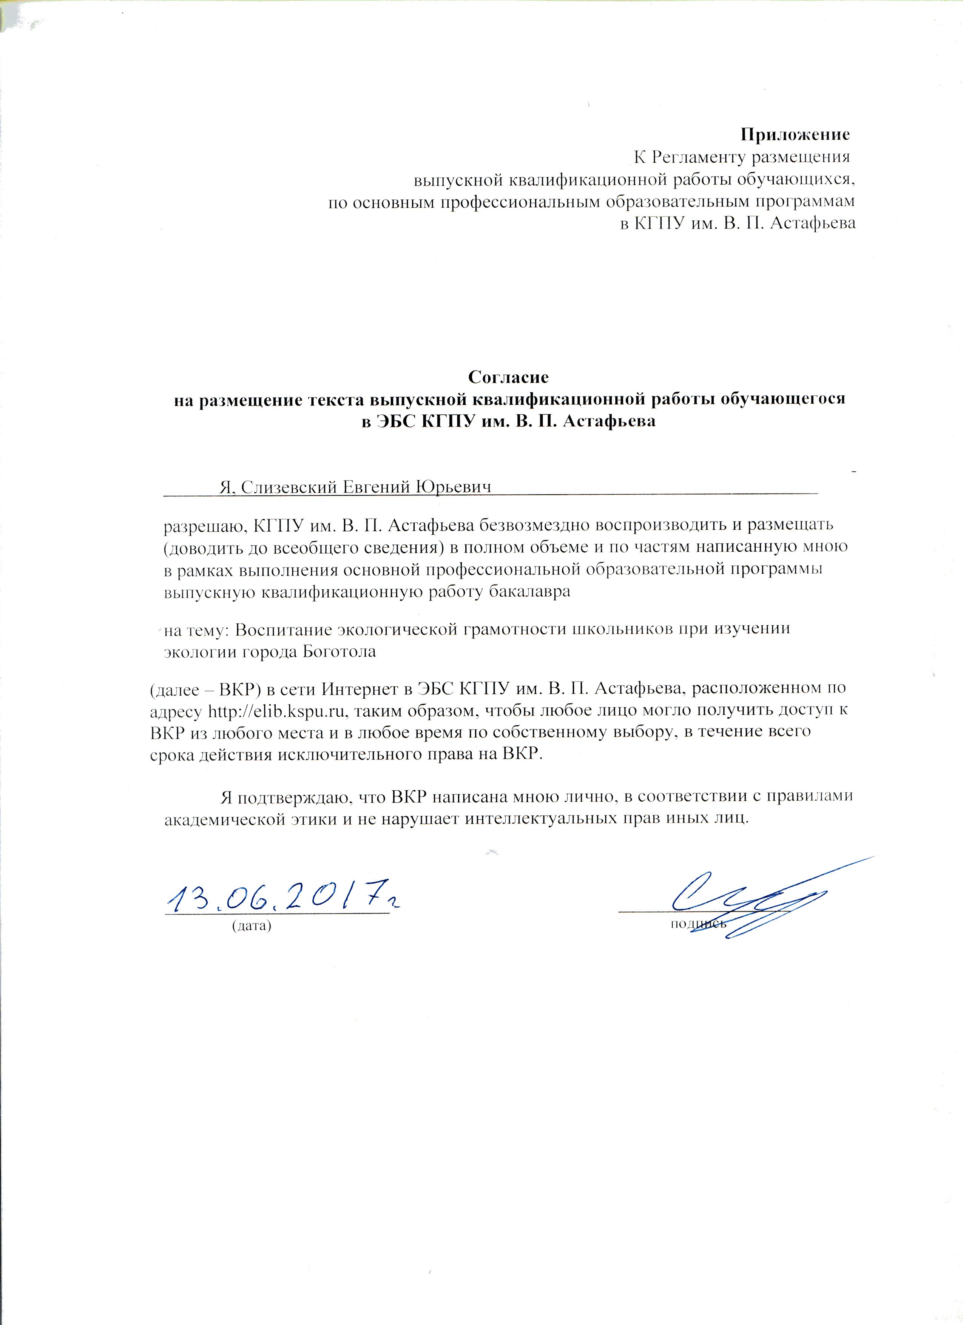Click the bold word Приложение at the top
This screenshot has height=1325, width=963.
[x=795, y=135]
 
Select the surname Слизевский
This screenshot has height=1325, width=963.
[x=286, y=487]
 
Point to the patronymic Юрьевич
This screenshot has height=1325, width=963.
[x=452, y=487]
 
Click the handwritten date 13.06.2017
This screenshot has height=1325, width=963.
[x=281, y=897]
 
